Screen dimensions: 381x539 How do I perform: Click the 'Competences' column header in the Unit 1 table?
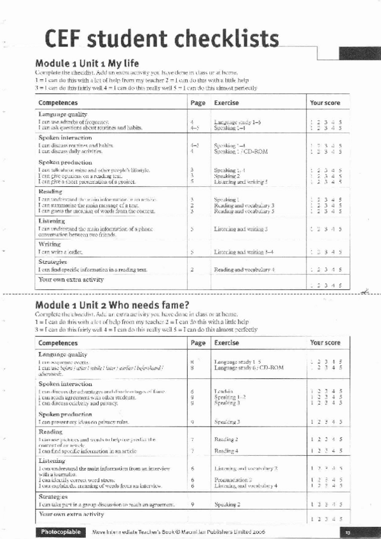(x=59, y=102)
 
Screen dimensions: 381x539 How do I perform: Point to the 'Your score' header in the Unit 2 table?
(x=324, y=343)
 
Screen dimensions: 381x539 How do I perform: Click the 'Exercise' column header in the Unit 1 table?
(x=226, y=102)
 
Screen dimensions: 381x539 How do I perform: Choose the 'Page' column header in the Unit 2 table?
(x=198, y=343)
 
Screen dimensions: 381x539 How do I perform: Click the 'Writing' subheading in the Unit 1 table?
(x=50, y=243)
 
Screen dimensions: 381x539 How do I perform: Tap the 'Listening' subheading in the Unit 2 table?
(x=52, y=460)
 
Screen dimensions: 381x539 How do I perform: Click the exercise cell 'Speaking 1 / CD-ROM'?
(x=237, y=151)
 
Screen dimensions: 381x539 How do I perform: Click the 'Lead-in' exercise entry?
(x=223, y=392)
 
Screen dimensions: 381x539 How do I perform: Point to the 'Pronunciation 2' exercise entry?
(x=233, y=480)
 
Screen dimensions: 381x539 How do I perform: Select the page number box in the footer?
(x=347, y=531)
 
